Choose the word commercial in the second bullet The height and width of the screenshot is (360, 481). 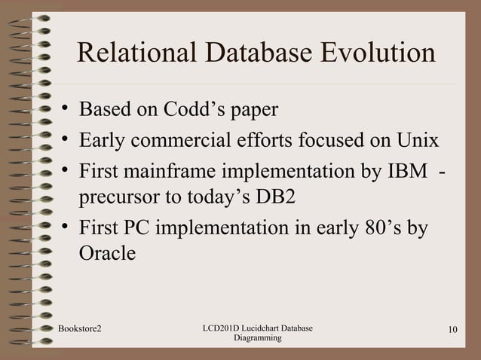point(188,141)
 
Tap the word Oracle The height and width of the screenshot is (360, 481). point(107,255)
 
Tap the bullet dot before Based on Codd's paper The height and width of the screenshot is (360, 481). point(66,111)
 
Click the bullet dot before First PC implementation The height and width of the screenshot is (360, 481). point(66,228)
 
